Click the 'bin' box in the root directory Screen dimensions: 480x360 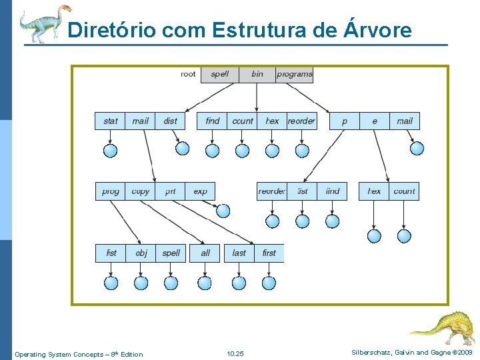[x=257, y=74]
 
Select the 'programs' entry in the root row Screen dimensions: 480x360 [x=294, y=74]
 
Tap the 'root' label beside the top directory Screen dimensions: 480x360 [x=189, y=74]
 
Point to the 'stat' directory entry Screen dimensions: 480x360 [x=110, y=121]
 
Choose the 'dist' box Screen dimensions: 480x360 [x=171, y=121]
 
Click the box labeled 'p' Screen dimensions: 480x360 [x=345, y=121]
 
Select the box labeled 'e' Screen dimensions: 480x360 [x=375, y=121]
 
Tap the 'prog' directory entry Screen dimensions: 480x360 [x=110, y=191]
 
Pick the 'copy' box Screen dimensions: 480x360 [x=141, y=191]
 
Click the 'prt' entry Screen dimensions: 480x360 [x=171, y=191]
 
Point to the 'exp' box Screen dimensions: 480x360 [x=200, y=191]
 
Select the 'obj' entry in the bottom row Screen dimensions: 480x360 [x=141, y=253]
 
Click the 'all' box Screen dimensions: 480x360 [x=205, y=253]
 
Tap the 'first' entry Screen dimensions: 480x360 [x=269, y=253]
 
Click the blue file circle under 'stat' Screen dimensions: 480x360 [x=111, y=151]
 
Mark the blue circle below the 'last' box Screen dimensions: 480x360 [x=239, y=283]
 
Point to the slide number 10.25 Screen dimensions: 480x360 [x=235, y=354]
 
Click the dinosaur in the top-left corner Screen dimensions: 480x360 [x=44, y=23]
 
